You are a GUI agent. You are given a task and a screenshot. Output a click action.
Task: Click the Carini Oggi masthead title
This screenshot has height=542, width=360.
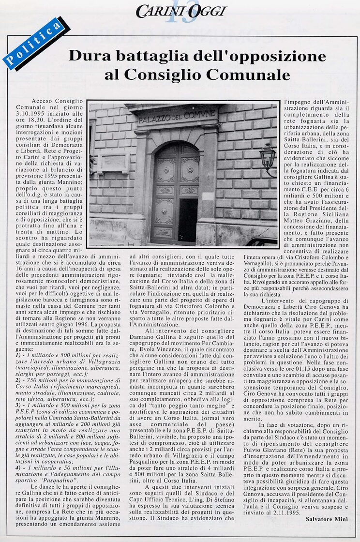[181, 11]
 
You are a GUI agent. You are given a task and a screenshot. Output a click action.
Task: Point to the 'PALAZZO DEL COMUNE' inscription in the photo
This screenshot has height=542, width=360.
[177, 117]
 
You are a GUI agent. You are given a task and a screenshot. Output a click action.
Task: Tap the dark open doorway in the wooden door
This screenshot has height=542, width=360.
[188, 220]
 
